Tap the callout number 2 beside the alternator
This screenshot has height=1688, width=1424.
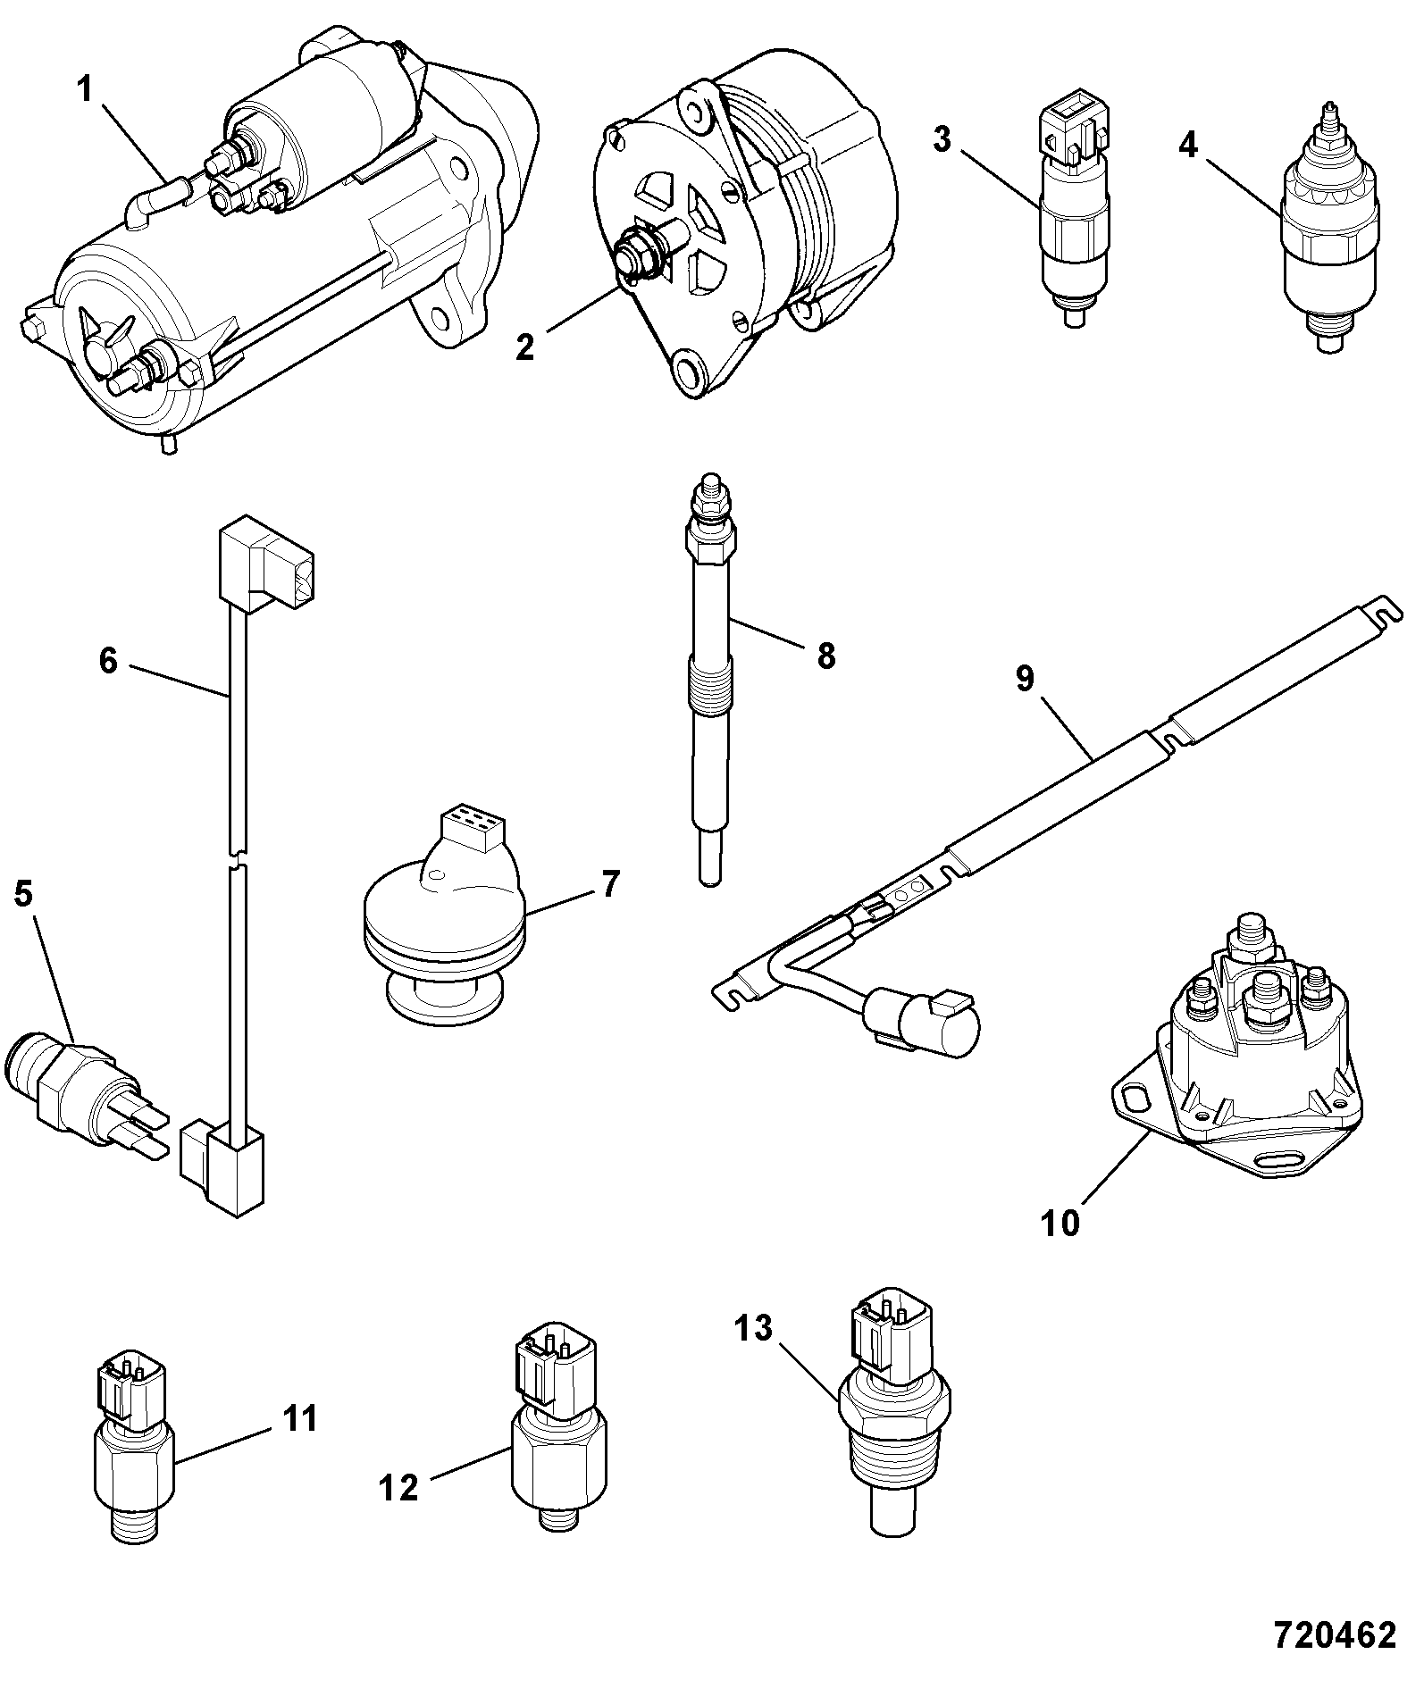coord(525,347)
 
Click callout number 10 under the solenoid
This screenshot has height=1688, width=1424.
coord(1060,1223)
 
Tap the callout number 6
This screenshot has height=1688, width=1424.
coord(108,662)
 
